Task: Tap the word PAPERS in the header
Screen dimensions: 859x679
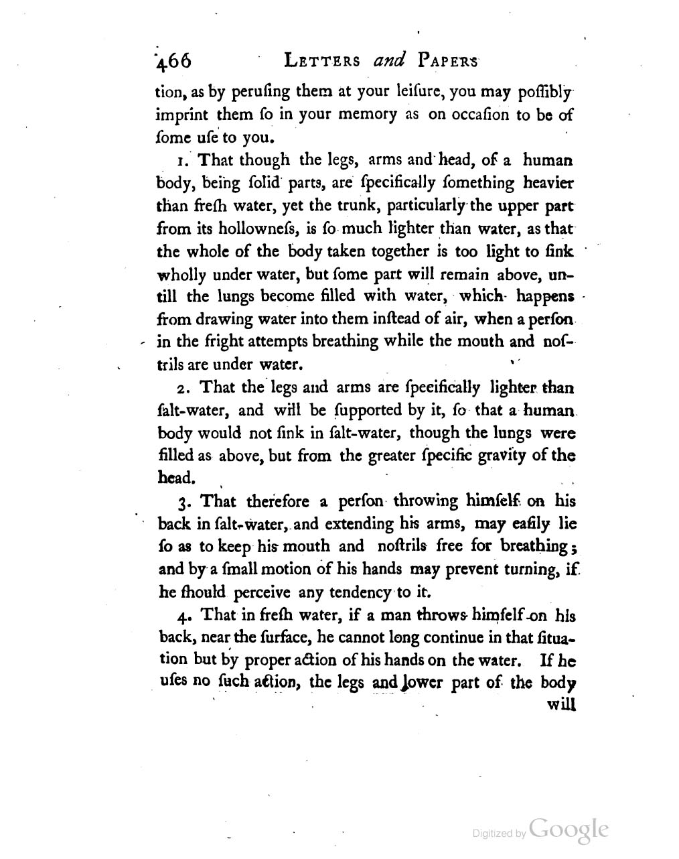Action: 448,61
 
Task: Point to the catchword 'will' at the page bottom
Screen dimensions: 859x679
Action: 561,705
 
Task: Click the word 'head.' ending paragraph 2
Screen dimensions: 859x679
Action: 175,478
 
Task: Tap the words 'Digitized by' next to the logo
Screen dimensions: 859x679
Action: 499,834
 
